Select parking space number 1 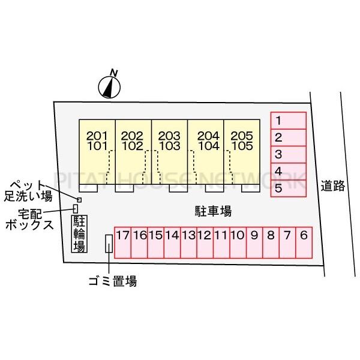tap(289, 121)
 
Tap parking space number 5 tap(289, 188)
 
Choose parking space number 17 tap(123, 242)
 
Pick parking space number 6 tap(304, 242)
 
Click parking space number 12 tap(205, 242)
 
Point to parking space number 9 tap(254, 242)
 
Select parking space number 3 tap(289, 155)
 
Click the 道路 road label tap(332, 186)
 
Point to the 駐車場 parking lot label tap(213, 211)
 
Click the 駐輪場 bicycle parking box tap(79, 234)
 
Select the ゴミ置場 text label tap(113, 281)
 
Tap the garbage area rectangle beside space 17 tap(109, 244)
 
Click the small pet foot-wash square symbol tap(79, 200)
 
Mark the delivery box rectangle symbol tap(76, 209)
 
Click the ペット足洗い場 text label tap(28, 191)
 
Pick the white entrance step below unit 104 tap(214, 188)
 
